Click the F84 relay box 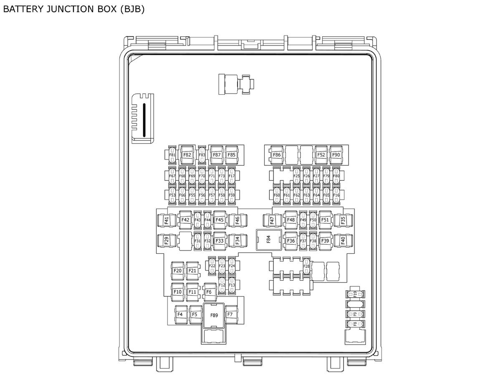pos(268,240)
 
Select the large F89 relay pos(214,315)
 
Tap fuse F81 pos(172,155)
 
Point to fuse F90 pos(336,155)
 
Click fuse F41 pos(167,220)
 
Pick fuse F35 pos(343,220)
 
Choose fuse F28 pos(306,266)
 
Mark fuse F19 pos(355,294)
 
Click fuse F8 pos(355,324)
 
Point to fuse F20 pos(177,271)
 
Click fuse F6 pos(209,292)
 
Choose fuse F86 pos(277,155)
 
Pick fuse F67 pos(172,176)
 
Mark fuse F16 pos(337,195)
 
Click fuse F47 pos(272,220)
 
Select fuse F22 pos(212,266)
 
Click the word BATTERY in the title pos(23,9)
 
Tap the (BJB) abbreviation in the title pos(132,9)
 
